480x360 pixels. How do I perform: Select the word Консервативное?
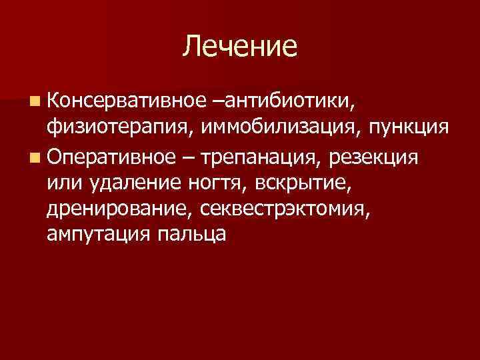tap(124, 101)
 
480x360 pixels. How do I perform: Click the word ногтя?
tap(207, 184)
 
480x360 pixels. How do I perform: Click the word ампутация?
tap(95, 235)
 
